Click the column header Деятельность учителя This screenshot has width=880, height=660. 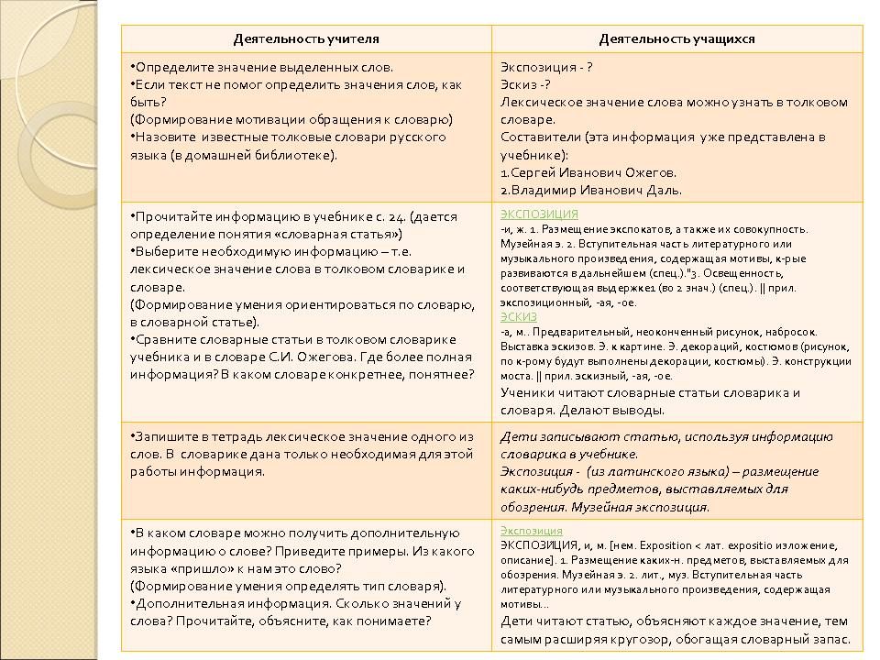306,39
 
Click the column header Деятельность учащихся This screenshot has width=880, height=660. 676,39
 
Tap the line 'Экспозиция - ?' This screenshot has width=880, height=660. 546,67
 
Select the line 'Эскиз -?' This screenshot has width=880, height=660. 525,84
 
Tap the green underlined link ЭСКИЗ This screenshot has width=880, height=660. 519,316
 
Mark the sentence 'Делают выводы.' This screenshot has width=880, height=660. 621,410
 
